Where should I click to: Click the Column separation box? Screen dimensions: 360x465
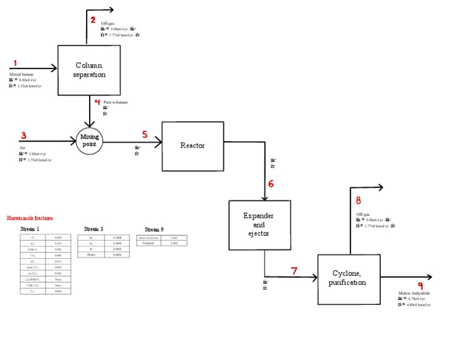click(x=89, y=70)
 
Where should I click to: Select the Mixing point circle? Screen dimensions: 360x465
click(x=90, y=141)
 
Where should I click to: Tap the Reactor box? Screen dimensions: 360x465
click(x=193, y=145)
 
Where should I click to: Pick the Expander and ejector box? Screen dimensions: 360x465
click(x=259, y=224)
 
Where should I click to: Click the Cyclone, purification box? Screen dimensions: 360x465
click(x=349, y=278)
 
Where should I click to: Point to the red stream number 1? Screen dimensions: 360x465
click(x=15, y=64)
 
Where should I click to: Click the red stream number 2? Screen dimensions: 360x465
click(x=93, y=20)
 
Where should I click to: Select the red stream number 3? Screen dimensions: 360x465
click(x=24, y=136)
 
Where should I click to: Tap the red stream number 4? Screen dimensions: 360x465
click(x=97, y=102)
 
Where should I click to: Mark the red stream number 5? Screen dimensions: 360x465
click(x=145, y=134)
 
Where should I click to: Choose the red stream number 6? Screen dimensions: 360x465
click(x=271, y=184)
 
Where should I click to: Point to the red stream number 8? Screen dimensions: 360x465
click(x=358, y=201)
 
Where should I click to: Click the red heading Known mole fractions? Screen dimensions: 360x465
click(x=30, y=218)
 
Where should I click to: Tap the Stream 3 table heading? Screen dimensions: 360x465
click(x=93, y=229)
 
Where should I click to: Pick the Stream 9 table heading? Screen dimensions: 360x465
click(x=154, y=229)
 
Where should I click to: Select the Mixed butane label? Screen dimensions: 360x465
click(x=22, y=74)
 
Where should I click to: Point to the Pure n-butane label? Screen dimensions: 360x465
click(x=116, y=102)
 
